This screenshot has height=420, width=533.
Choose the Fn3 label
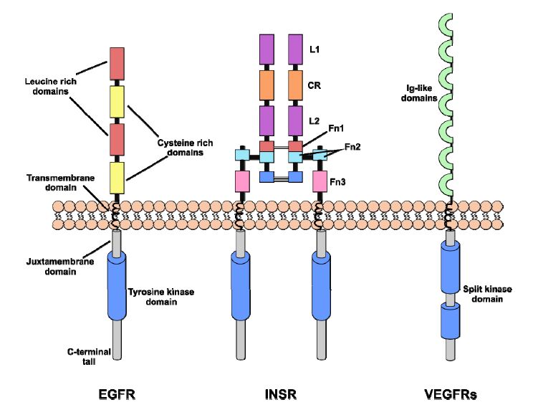(337, 183)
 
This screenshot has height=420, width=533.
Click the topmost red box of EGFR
(117, 64)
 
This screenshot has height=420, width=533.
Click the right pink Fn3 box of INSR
(317, 182)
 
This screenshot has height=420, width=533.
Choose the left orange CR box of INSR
(266, 85)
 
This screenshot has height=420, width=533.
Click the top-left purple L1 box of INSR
(266, 49)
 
